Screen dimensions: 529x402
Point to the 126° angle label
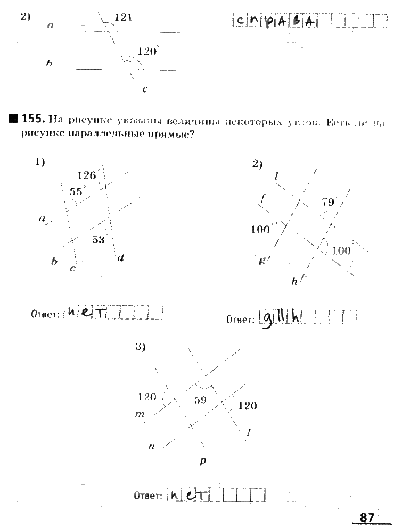pyautogui.click(x=87, y=175)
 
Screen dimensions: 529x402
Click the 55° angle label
pyautogui.click(x=77, y=191)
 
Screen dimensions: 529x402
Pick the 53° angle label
pyautogui.click(x=99, y=240)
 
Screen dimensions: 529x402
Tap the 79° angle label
pyautogui.click(x=329, y=201)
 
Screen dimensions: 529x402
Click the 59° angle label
pyautogui.click(x=200, y=401)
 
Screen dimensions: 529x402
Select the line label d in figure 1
pyautogui.click(x=121, y=258)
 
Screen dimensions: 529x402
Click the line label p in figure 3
pyautogui.click(x=203, y=462)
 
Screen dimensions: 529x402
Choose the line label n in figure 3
pyautogui.click(x=151, y=447)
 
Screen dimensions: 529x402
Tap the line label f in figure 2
pyautogui.click(x=262, y=199)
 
